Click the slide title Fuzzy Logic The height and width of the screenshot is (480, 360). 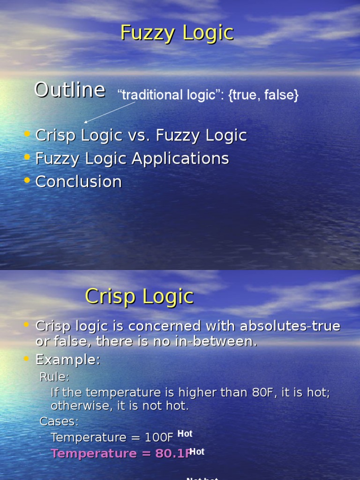(177, 33)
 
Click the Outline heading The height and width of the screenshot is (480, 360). (69, 90)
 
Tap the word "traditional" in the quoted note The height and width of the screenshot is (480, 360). (150, 96)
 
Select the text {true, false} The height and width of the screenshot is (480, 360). (263, 96)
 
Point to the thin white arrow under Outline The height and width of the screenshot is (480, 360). (110, 112)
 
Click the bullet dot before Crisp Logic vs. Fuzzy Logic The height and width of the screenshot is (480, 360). (27, 135)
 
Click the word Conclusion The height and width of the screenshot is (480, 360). (79, 182)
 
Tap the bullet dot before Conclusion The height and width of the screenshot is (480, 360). (27, 180)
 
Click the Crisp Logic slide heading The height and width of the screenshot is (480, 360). (139, 297)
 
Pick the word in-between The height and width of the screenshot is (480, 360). (219, 342)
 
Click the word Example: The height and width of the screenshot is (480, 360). (68, 360)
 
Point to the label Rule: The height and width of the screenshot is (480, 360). (55, 377)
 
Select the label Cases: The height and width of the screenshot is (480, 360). (59, 421)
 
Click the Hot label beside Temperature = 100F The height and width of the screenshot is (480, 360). (185, 434)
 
